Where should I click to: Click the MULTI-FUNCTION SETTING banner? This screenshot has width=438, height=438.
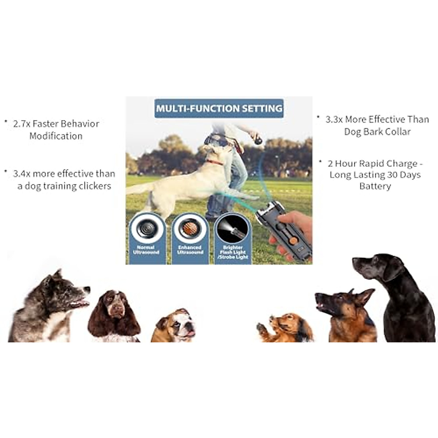click(x=219, y=108)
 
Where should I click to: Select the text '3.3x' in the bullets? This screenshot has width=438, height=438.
click(x=334, y=119)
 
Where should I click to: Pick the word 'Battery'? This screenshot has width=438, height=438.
click(x=375, y=186)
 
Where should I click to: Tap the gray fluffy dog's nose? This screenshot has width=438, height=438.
click(x=87, y=289)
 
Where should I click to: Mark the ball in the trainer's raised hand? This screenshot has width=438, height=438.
click(x=258, y=139)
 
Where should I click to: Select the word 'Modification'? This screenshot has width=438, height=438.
click(x=56, y=136)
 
